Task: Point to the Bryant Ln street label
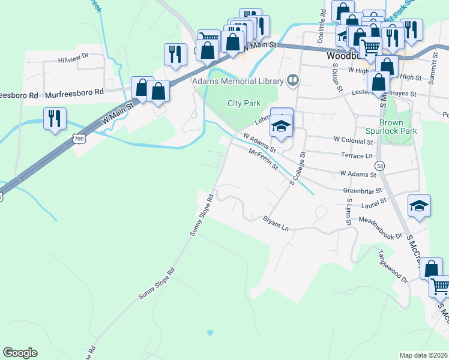tap(276, 224)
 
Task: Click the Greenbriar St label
tap(363, 191)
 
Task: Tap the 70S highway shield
tap(79, 139)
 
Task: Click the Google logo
tap(20, 353)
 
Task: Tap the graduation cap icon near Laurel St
tap(419, 205)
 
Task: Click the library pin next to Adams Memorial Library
tap(293, 79)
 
